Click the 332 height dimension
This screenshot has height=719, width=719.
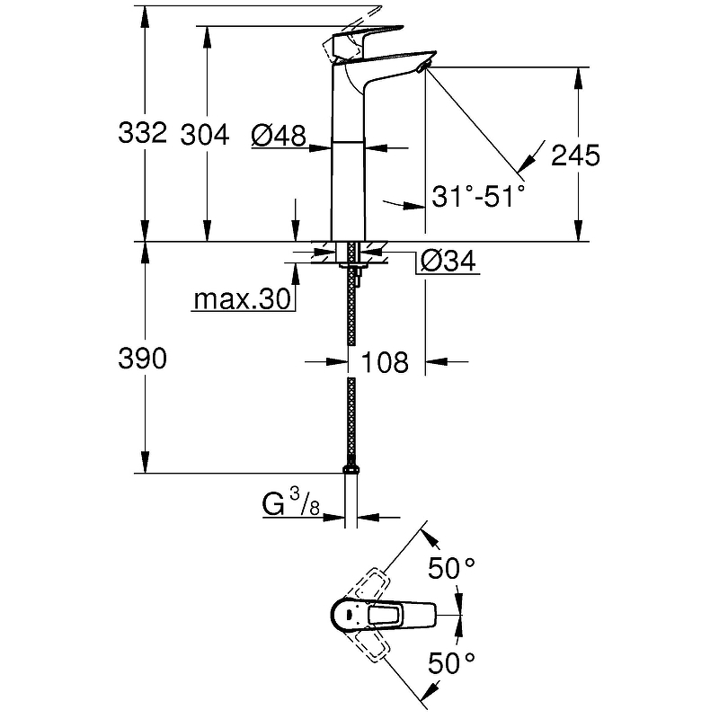coord(142,132)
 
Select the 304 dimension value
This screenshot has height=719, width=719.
coord(205,136)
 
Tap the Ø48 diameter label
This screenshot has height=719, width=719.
coord(279,136)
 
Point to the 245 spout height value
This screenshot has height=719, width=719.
coord(575,155)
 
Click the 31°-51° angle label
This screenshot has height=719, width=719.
coord(478,196)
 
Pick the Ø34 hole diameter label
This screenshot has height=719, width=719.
coord(448,262)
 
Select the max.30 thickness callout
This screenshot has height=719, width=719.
coord(242,299)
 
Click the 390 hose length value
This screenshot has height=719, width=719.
coord(142,358)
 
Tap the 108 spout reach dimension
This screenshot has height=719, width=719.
coord(385,362)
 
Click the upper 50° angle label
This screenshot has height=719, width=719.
coord(451,569)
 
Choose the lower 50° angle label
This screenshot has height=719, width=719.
coord(451,663)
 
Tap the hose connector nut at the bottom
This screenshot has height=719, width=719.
coord(351,469)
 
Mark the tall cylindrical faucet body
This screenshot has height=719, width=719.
coord(348,151)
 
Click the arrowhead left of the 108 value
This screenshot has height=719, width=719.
coord(336,362)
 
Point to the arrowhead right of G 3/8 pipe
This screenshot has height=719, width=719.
coord(368,518)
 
